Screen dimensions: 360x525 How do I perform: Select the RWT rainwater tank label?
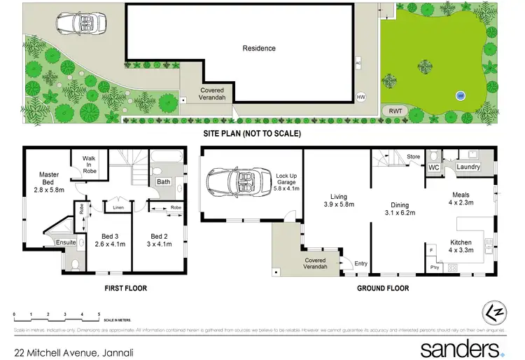coord(395,110)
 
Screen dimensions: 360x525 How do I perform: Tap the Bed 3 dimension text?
coord(108,244)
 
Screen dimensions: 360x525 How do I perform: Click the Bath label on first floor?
coord(163,182)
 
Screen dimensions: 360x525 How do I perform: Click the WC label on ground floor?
coord(433,167)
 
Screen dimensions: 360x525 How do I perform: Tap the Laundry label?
coord(468,167)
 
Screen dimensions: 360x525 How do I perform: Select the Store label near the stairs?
coord(413,156)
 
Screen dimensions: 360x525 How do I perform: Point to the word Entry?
coord(360,263)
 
